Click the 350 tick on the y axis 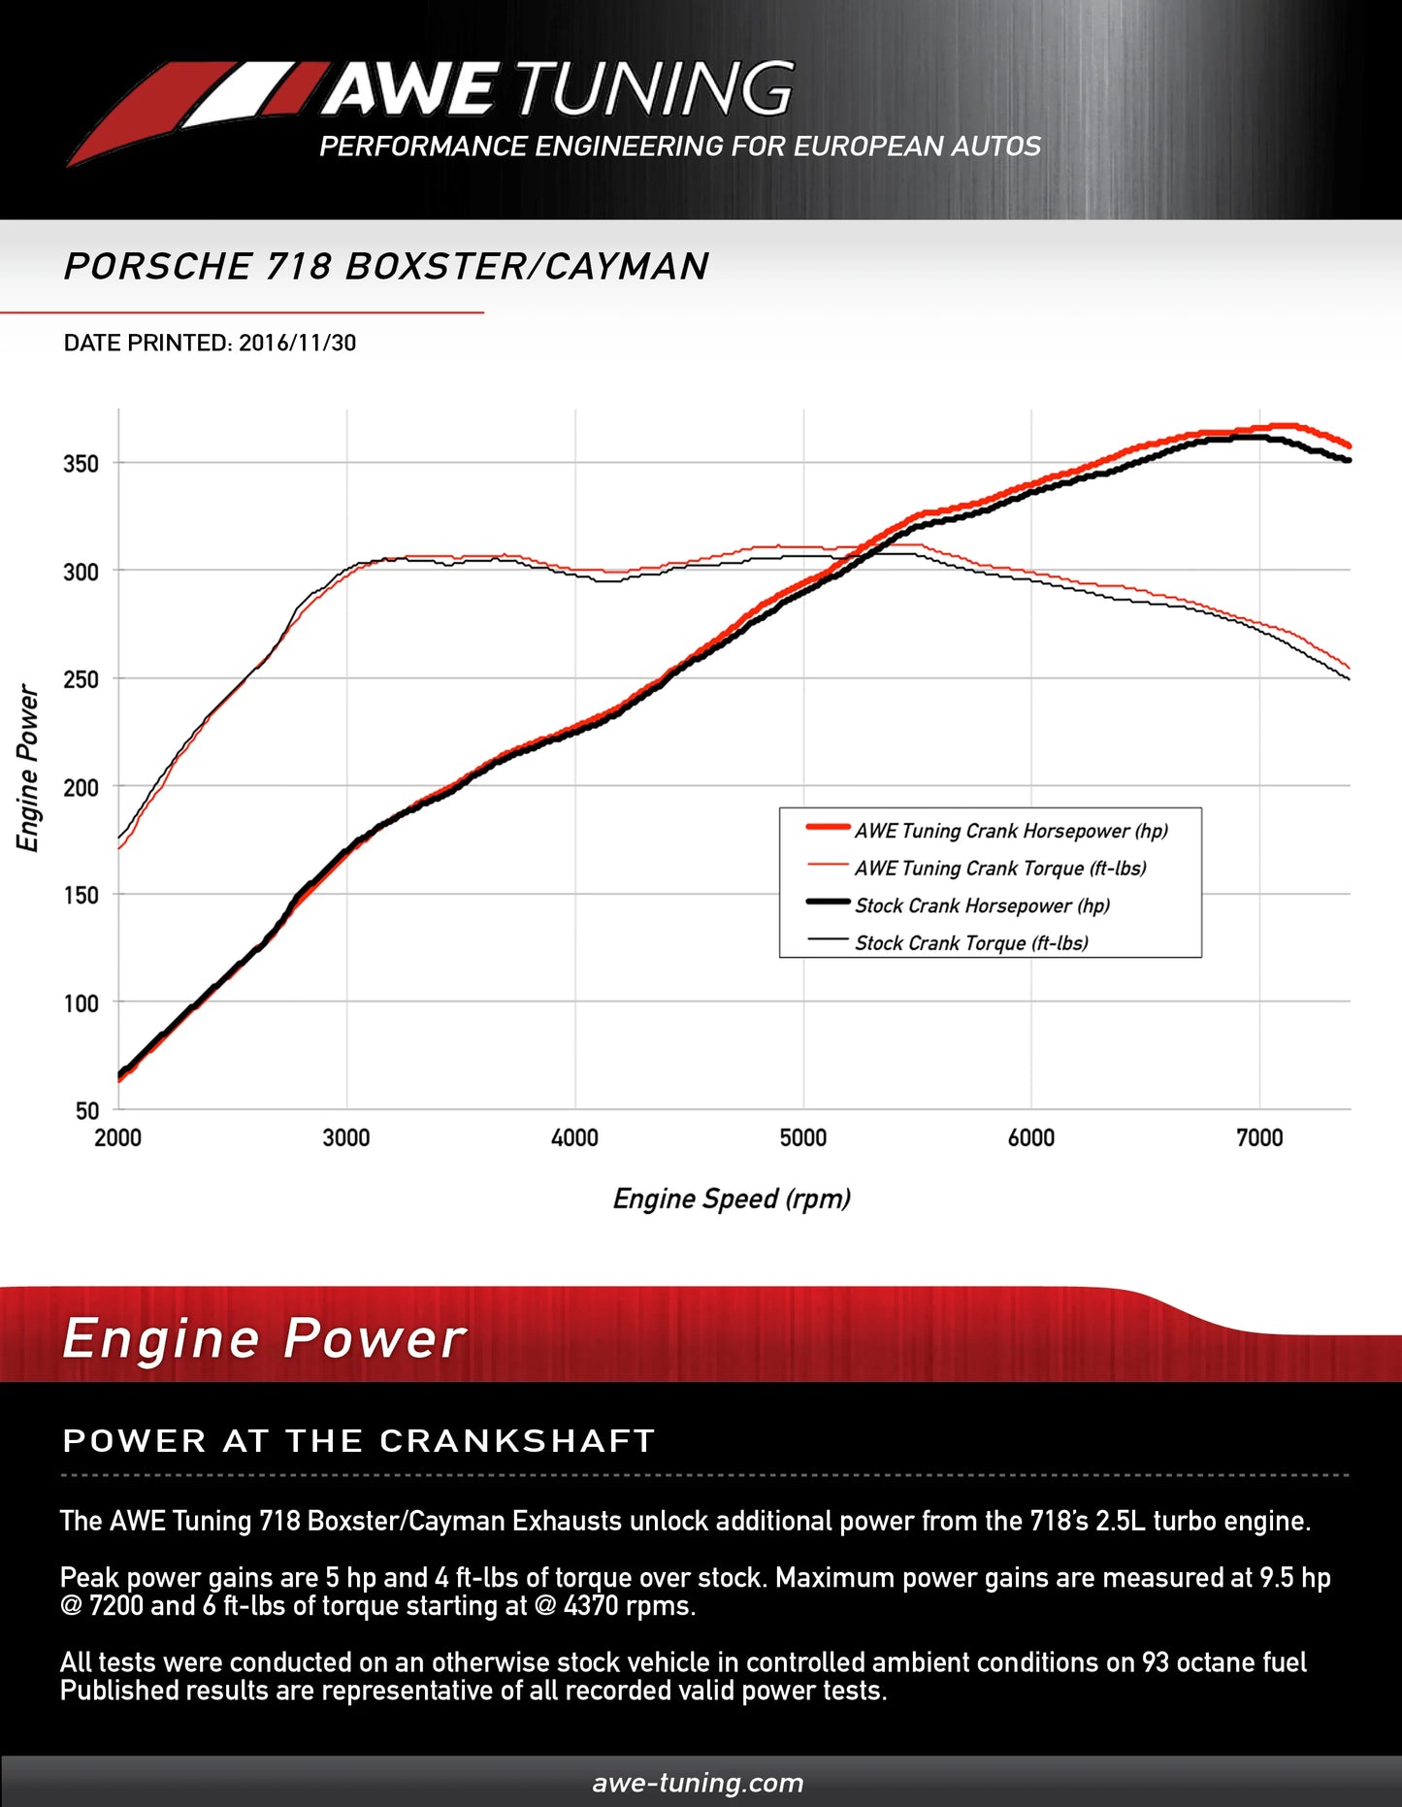coord(81,464)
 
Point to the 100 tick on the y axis coord(81,1003)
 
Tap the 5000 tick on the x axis coord(803,1138)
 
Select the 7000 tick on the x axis coord(1259,1138)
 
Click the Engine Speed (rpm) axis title coord(732,1199)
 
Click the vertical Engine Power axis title coord(28,768)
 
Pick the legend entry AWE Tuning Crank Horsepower coord(1010,831)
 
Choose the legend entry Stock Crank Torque coord(970,943)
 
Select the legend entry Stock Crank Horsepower coord(981,906)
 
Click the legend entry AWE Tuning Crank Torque coord(999,869)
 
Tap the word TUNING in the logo coord(655,89)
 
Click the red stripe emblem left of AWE coord(194,107)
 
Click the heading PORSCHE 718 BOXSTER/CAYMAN coord(386,267)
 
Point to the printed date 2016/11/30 coord(297,344)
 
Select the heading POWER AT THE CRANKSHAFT coord(359,1441)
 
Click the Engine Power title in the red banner coord(264,1339)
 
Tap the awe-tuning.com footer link coord(698,1783)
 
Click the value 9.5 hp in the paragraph coord(1294,1578)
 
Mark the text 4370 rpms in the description coord(628,1606)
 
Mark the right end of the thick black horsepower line coord(1348,459)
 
